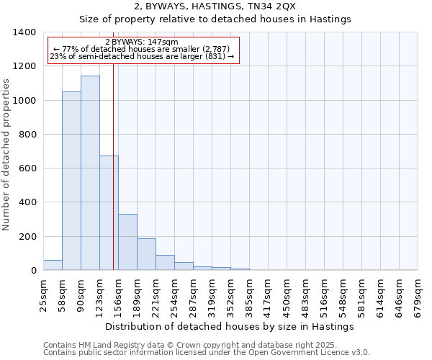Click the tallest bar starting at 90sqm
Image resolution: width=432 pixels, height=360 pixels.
pos(90,173)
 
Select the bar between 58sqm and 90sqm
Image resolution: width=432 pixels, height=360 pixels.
pos(71,181)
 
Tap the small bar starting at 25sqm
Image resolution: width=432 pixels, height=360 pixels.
pos(53,265)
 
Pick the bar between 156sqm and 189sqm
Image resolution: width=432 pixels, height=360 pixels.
pos(127,242)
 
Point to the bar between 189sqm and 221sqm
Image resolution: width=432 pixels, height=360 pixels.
pos(146,254)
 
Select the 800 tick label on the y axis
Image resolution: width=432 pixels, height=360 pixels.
pos(27,135)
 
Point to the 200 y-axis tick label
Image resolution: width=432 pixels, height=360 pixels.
pos(27,237)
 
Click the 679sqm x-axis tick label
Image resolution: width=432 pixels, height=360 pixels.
pos(418,293)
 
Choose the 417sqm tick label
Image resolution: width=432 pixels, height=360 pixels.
pos(268,293)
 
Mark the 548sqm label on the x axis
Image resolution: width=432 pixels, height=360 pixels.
pos(343,293)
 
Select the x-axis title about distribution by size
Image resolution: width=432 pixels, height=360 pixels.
pos(230,326)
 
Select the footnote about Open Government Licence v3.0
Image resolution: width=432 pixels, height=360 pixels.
pos(207,353)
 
